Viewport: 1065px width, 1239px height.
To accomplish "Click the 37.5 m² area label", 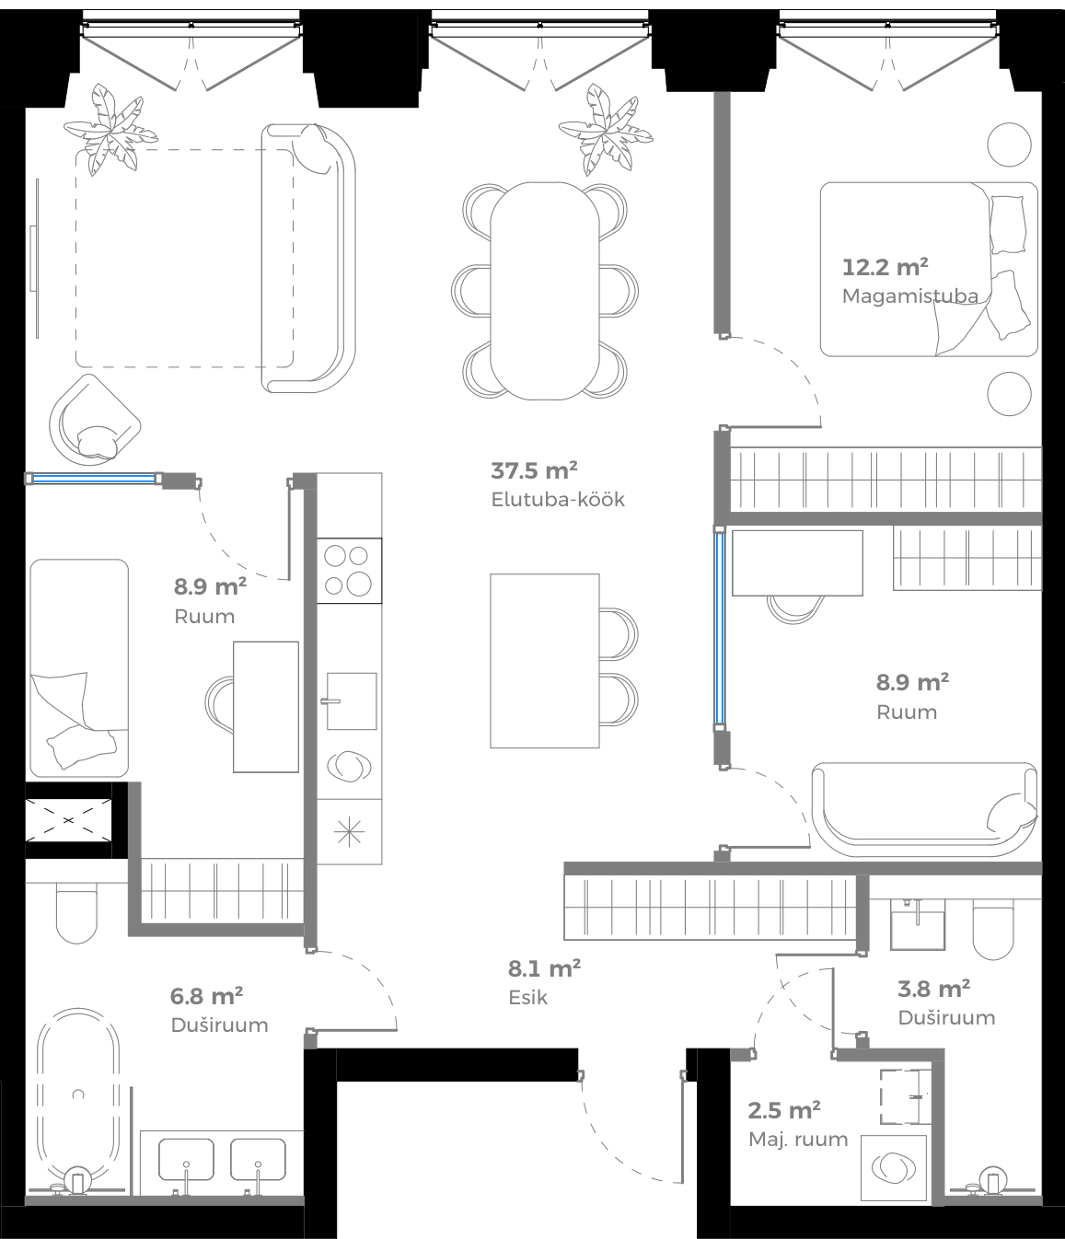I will pos(534,471).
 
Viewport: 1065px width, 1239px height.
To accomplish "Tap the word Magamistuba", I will pos(909,296).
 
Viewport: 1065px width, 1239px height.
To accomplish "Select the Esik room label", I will pos(527,997).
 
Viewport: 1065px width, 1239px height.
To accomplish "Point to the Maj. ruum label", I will pos(797,1139).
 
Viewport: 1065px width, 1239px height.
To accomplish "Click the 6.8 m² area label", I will pos(206,996).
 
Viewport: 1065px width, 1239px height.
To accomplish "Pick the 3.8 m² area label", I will pos(933,989).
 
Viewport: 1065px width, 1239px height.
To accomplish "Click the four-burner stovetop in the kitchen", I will pos(349,571).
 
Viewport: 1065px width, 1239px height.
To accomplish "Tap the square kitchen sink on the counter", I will pos(351,701).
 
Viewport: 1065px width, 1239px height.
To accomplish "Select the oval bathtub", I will pos(78,1096).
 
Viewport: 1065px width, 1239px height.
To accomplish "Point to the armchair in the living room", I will pos(93,419).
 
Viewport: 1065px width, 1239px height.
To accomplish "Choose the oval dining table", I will pos(545,290).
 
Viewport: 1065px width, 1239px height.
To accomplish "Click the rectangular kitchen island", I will pos(544,660).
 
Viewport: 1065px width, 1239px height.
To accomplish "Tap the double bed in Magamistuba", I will pos(928,269).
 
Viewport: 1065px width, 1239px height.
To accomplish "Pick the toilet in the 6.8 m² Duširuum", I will pos(76,914).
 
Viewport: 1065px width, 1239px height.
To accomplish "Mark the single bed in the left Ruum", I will pos(79,667).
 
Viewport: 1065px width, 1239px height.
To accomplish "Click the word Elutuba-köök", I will pos(558,500).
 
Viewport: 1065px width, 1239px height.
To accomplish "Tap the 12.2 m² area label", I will pos(885,268).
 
